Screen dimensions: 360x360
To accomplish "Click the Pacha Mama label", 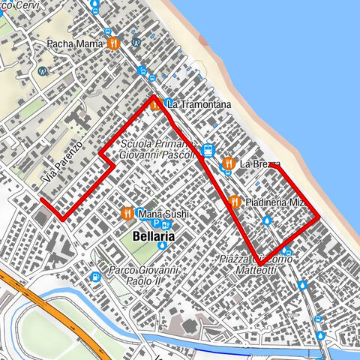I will pos(74,43).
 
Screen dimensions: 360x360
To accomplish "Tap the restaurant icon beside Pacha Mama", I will pos(113,43).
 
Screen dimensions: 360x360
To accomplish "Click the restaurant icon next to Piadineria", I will pos(235,202).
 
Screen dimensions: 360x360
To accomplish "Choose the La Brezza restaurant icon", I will pos(228,163).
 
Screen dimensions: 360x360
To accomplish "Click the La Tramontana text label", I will pos(198,105).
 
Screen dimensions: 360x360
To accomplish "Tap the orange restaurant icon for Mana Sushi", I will pos(127,214).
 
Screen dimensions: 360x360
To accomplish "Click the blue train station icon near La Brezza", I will pos(208,148).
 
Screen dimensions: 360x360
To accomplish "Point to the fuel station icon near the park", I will pos(95,277).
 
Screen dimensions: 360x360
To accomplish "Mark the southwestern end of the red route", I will pos(41,201).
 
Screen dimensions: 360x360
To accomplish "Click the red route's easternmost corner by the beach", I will pos(319,217).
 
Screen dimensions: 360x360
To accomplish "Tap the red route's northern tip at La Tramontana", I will pos(154,97).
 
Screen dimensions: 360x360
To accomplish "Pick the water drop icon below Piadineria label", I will pos(268,221).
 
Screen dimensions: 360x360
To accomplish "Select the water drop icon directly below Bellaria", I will pos(161,245).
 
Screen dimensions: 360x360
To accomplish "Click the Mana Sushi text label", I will pos(163,214).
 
